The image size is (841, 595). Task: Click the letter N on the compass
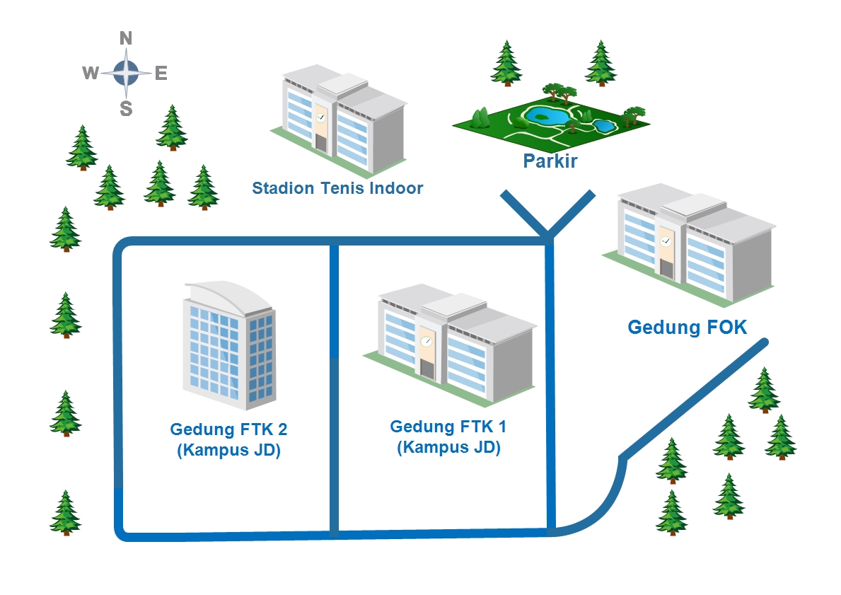[x=126, y=38]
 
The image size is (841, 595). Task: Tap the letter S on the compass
[x=126, y=108]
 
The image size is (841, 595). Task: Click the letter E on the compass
[x=161, y=73]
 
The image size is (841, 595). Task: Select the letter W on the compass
[x=90, y=73]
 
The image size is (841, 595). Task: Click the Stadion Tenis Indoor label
[x=337, y=188]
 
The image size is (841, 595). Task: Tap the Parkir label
[x=550, y=161]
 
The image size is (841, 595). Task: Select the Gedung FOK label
[x=688, y=327]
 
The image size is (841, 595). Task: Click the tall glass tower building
[x=228, y=354]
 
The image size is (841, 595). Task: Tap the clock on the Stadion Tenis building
[x=320, y=117]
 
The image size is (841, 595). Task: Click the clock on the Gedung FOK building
[x=666, y=242]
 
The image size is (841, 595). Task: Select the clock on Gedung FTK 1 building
[x=426, y=341]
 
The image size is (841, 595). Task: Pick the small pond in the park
[x=603, y=126]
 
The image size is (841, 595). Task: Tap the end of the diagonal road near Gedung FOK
[x=764, y=342]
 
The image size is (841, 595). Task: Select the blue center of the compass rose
[x=126, y=72]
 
